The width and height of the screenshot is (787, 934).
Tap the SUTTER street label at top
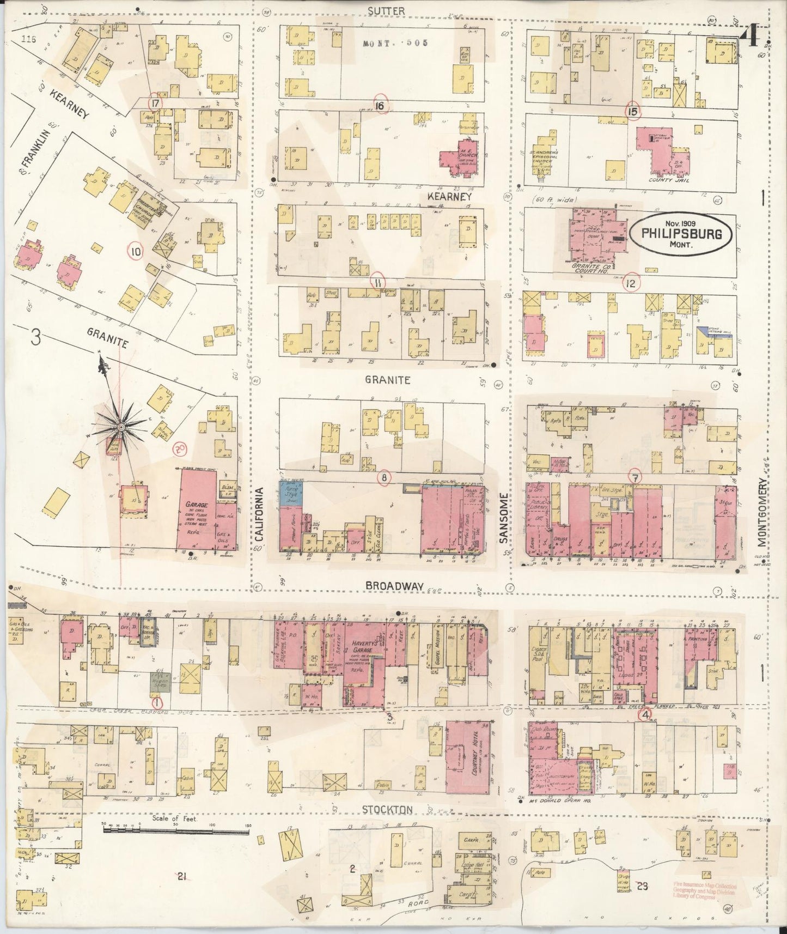point(386,10)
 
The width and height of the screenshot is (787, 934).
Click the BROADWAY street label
point(394,585)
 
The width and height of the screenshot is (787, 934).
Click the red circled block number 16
point(379,106)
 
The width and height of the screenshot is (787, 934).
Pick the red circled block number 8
point(385,478)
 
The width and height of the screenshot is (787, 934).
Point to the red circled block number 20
point(179,449)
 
